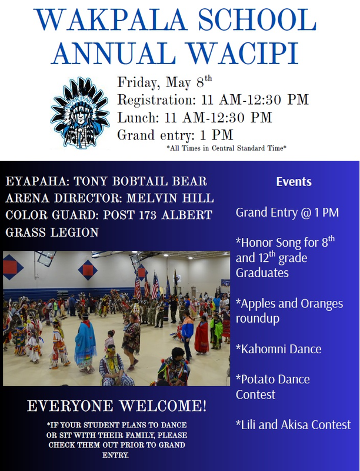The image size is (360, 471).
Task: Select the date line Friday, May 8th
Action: tap(165, 82)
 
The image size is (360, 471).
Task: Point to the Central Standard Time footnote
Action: tap(226, 148)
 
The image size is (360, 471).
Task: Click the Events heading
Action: tap(294, 182)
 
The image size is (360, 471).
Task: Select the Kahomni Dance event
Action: tap(278, 349)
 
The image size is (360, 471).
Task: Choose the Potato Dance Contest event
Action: tap(272, 386)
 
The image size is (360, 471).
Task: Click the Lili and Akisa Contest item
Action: tap(293, 424)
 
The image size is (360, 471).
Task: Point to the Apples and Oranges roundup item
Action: tap(289, 311)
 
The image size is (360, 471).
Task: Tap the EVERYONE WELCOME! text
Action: tap(117, 406)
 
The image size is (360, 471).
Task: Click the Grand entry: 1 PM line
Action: tap(175, 135)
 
